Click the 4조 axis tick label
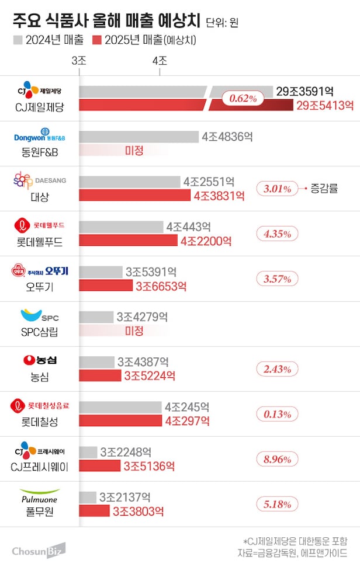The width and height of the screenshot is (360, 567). [x=159, y=61]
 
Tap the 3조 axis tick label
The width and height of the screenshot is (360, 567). [x=79, y=61]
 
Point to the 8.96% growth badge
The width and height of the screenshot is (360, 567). [x=277, y=460]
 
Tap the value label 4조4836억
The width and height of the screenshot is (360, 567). [x=227, y=137]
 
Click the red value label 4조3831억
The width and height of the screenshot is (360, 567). [x=219, y=196]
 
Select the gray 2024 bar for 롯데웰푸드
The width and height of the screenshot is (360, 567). [x=121, y=227]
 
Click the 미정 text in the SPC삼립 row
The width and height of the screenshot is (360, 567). [x=134, y=331]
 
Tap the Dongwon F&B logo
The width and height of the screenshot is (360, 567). [x=40, y=137]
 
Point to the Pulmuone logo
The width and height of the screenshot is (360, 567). [x=40, y=496]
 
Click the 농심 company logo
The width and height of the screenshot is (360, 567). [x=40, y=360]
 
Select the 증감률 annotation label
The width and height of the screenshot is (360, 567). [x=326, y=189]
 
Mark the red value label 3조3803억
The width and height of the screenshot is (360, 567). [x=138, y=512]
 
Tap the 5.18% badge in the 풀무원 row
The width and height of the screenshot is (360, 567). [x=277, y=505]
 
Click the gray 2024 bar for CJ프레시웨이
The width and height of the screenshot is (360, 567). [x=88, y=452]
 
